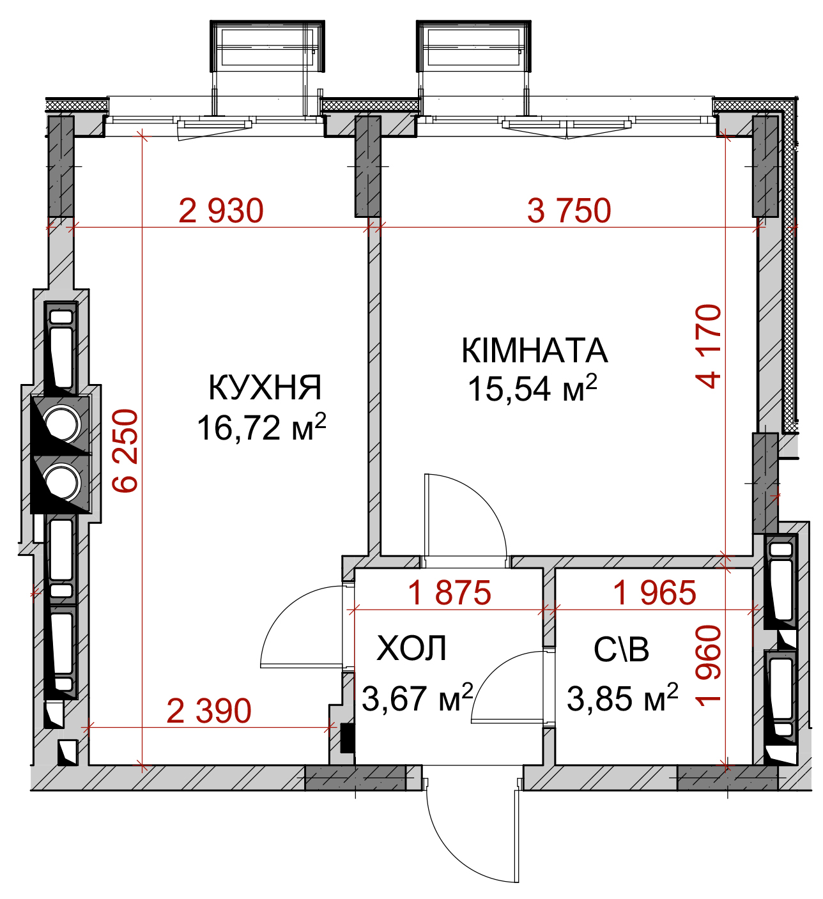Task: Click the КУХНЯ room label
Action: pyautogui.click(x=265, y=388)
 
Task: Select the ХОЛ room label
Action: pyautogui.click(x=411, y=649)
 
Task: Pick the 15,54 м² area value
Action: pyautogui.click(x=532, y=388)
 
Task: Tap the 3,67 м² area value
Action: pyautogui.click(x=417, y=698)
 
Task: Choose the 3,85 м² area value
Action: pyautogui.click(x=622, y=698)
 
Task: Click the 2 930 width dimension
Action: pyautogui.click(x=221, y=211)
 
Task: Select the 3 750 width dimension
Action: pyautogui.click(x=569, y=211)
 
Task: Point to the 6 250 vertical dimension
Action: pyautogui.click(x=125, y=451)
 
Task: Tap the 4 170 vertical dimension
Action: pyautogui.click(x=708, y=346)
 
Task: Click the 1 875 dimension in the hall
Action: pyautogui.click(x=450, y=592)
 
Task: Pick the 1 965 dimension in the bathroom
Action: pyautogui.click(x=654, y=592)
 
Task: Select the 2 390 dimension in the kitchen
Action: pyautogui.click(x=209, y=711)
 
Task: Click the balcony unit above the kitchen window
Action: pyautogui.click(x=267, y=46)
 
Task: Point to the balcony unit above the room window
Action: pyautogui.click(x=473, y=46)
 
